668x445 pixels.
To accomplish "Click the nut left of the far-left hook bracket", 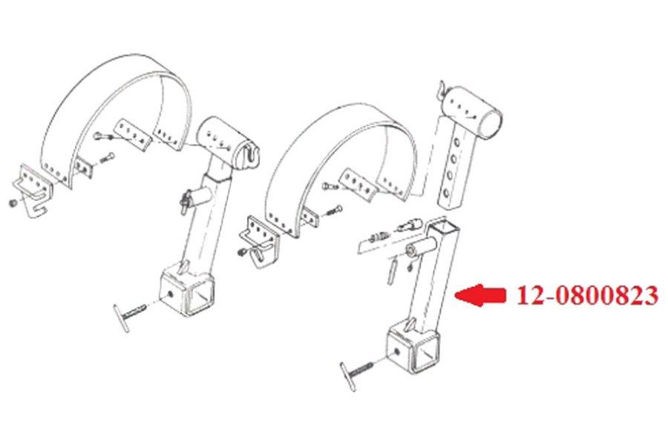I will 13,202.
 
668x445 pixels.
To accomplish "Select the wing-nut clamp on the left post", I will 189,199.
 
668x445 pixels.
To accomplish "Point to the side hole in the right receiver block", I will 399,348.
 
